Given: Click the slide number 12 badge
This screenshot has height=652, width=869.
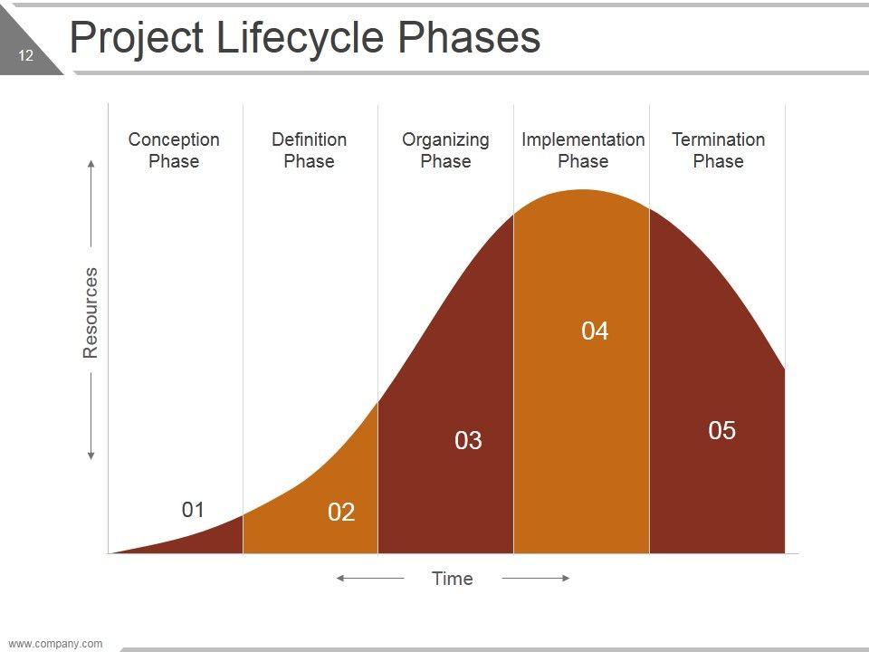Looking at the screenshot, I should tap(25, 56).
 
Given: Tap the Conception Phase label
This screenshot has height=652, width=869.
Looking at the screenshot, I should tap(174, 150).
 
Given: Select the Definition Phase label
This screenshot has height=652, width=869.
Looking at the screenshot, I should tap(309, 150).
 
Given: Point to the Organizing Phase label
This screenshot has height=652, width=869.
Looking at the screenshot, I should tap(445, 150).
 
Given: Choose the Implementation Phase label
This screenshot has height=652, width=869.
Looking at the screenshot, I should tap(583, 150).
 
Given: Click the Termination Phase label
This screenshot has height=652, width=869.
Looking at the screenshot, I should tap(718, 150).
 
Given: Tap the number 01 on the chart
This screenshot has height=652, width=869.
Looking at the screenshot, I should tap(193, 510).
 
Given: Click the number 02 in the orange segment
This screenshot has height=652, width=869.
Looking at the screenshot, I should tap(341, 513).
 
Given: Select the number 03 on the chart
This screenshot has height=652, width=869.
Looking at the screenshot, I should tap(468, 441).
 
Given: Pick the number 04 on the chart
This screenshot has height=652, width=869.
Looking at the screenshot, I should tap(595, 331).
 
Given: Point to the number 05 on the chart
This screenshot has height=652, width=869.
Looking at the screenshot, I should tap(721, 431).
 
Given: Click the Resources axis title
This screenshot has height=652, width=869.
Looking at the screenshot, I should tap(91, 312).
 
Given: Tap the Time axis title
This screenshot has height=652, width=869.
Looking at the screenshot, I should tap(452, 579).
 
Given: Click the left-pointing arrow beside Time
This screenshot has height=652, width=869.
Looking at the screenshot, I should tap(369, 578).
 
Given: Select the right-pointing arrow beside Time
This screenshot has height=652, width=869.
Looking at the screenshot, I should tap(536, 578).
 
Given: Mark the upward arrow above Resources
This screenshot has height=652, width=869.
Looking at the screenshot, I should tap(91, 204).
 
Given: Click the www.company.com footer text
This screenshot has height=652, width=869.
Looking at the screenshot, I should tap(55, 644).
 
